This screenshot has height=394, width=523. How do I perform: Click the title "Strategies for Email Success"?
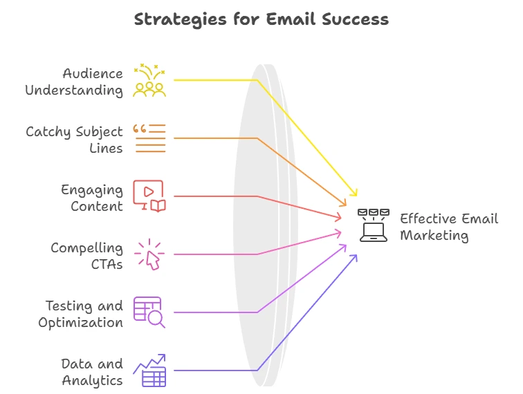pyautogui.click(x=261, y=19)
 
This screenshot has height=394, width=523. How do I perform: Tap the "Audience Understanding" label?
pyautogui.click(x=74, y=82)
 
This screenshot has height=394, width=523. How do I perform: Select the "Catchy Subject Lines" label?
pyautogui.click(x=75, y=140)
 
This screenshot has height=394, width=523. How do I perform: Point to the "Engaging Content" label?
pyautogui.click(x=92, y=198)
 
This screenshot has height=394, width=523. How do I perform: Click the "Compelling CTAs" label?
pyautogui.click(x=86, y=256)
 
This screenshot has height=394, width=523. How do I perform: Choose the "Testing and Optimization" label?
pyautogui.click(x=81, y=314)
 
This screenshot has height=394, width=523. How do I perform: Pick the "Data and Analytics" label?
pyautogui.click(x=93, y=372)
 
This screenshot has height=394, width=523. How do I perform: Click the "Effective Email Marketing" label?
pyautogui.click(x=449, y=227)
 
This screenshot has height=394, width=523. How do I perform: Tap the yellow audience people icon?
pyautogui.click(x=149, y=80)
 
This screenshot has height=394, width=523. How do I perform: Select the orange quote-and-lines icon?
pyautogui.click(x=149, y=138)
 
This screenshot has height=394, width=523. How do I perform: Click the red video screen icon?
pyautogui.click(x=149, y=196)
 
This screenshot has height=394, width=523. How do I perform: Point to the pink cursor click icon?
pyautogui.click(x=149, y=254)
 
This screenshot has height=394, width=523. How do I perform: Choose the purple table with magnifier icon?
pyautogui.click(x=149, y=312)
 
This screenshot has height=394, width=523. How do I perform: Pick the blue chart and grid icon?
pyautogui.click(x=149, y=370)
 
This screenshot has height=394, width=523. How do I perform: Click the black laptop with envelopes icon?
pyautogui.click(x=374, y=225)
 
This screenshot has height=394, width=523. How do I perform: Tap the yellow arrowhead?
pyautogui.click(x=354, y=192)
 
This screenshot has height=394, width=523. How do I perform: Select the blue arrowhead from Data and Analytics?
pyautogui.click(x=354, y=258)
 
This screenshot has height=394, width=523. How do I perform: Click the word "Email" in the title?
pyautogui.click(x=291, y=19)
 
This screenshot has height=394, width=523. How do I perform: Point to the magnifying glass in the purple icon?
pyautogui.click(x=156, y=319)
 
